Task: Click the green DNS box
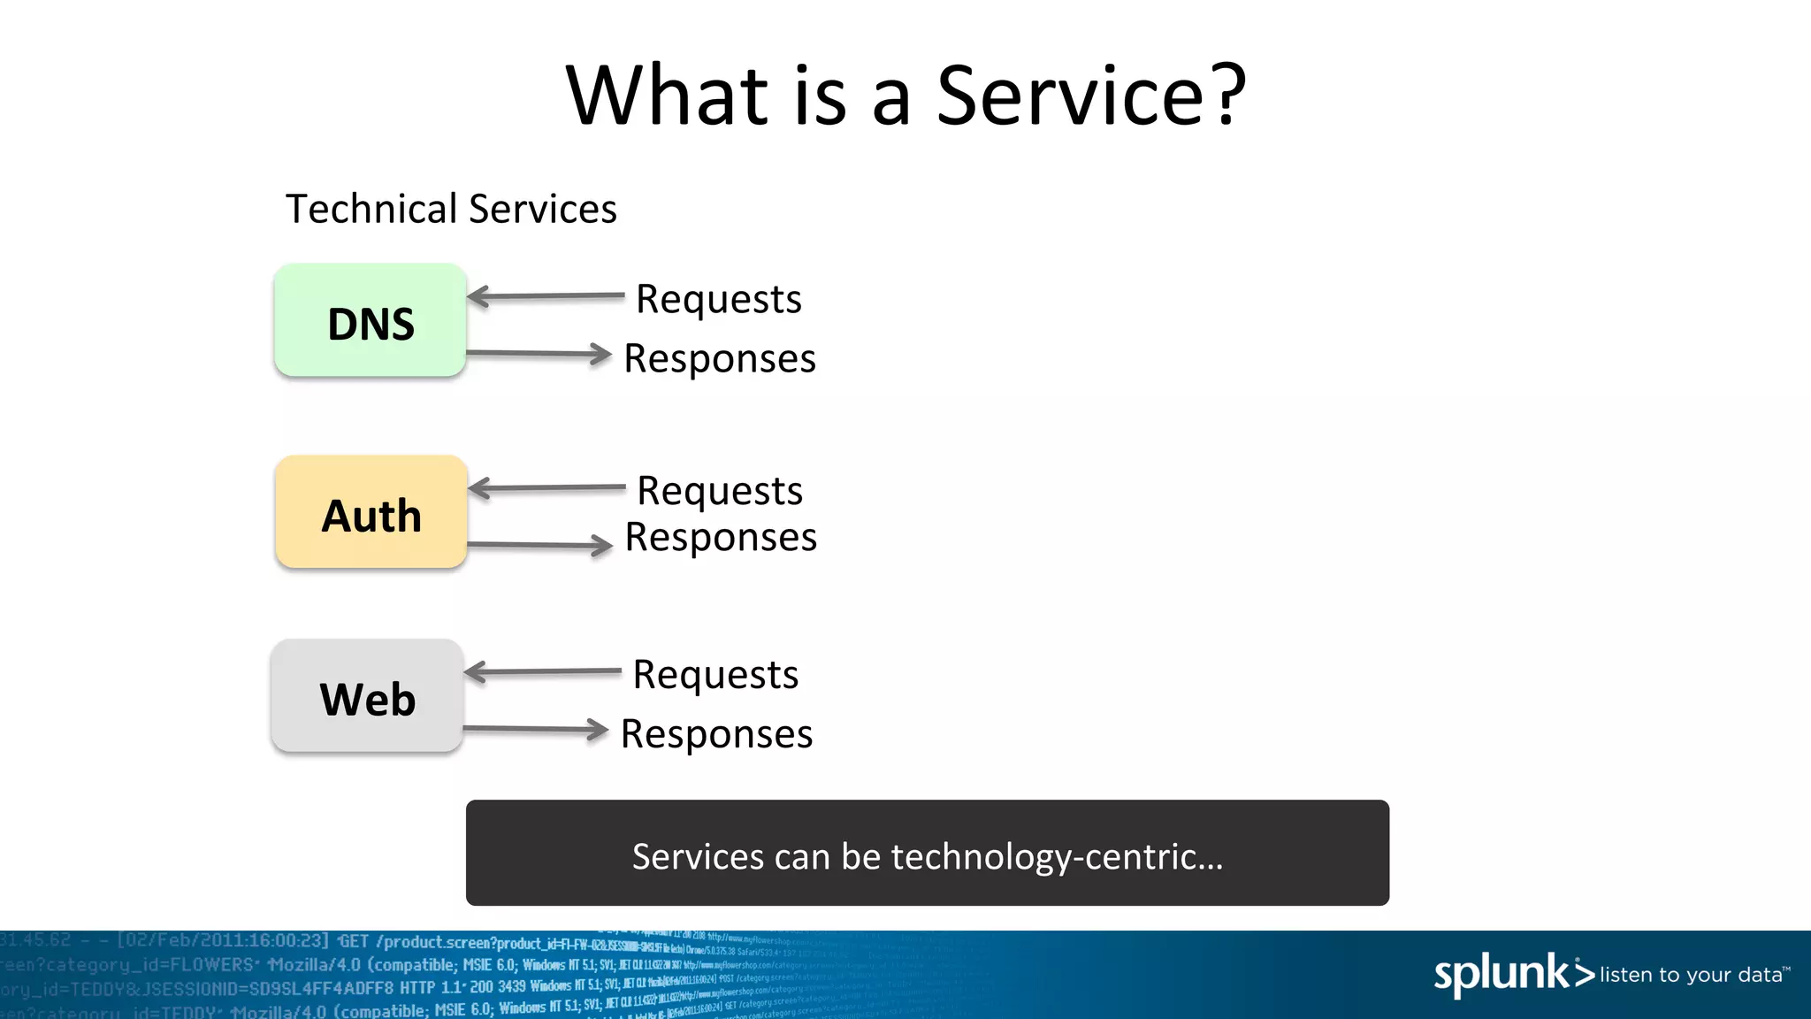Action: tap(370, 321)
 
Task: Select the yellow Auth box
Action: tap(371, 513)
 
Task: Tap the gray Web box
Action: tap(367, 697)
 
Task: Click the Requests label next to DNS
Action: tap(718, 300)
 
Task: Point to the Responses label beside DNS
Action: tap(719, 359)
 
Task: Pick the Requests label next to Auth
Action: tap(719, 491)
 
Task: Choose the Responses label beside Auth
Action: tap(720, 538)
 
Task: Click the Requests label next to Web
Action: tap(715, 675)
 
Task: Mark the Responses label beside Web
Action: tap(716, 734)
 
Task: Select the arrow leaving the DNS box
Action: tap(539, 354)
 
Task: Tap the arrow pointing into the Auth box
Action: tap(546, 487)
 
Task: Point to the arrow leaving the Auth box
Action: tap(539, 545)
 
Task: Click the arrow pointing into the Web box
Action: tap(543, 672)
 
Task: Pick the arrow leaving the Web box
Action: tap(536, 729)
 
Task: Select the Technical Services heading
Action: tap(451, 210)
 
